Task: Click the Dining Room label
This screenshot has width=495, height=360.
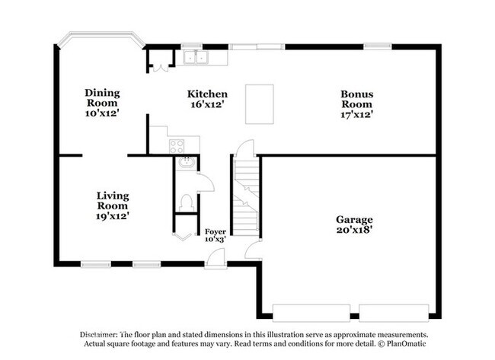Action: click(x=102, y=97)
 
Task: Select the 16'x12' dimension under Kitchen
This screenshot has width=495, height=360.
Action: click(x=207, y=106)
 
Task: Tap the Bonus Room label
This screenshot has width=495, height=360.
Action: click(x=356, y=98)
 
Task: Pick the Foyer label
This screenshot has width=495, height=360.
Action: click(x=216, y=231)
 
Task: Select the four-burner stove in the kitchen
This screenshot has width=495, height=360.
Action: click(x=176, y=145)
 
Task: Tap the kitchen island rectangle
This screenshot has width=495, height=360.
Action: click(x=259, y=103)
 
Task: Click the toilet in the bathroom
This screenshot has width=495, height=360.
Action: click(x=186, y=202)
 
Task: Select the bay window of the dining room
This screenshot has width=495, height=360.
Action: click(x=101, y=40)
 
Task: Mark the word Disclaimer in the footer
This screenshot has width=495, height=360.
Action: click(x=98, y=334)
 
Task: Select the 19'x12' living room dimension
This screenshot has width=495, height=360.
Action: click(x=112, y=215)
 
